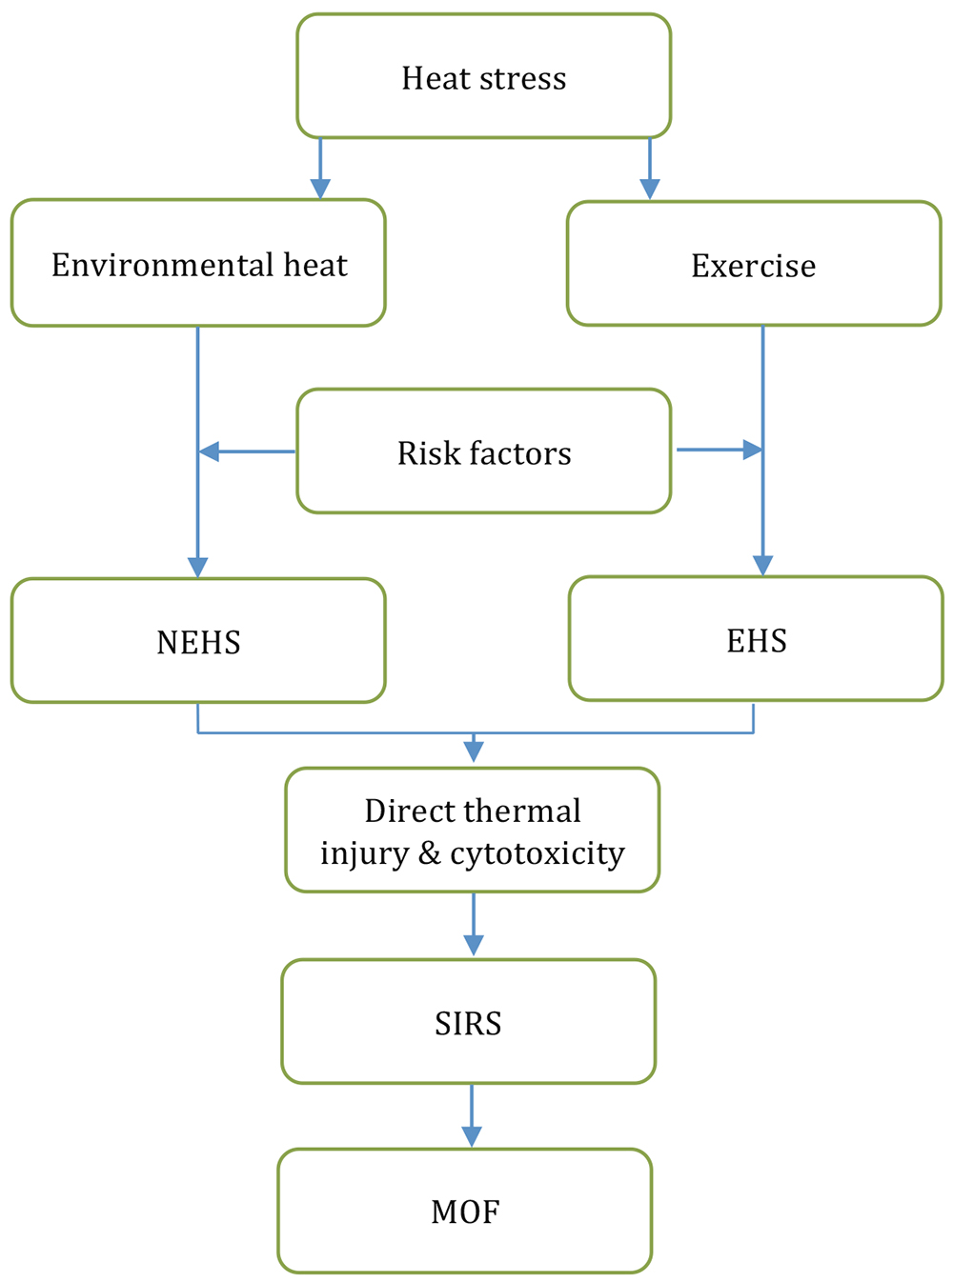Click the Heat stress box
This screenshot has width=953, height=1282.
483,76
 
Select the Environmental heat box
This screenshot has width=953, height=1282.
198,263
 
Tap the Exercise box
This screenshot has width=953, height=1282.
753,264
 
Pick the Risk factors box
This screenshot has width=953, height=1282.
483,451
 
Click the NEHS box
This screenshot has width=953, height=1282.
198,641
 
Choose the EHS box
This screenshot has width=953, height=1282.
756,639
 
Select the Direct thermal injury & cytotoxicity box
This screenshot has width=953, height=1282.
472,831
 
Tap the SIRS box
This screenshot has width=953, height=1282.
468,1022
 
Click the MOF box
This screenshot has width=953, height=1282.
465,1211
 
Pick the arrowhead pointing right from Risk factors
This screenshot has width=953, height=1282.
752,450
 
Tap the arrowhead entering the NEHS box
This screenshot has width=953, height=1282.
198,567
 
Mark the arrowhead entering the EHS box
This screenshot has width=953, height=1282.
762,565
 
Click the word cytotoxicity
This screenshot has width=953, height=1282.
537,853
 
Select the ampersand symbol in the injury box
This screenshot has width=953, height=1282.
429,853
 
